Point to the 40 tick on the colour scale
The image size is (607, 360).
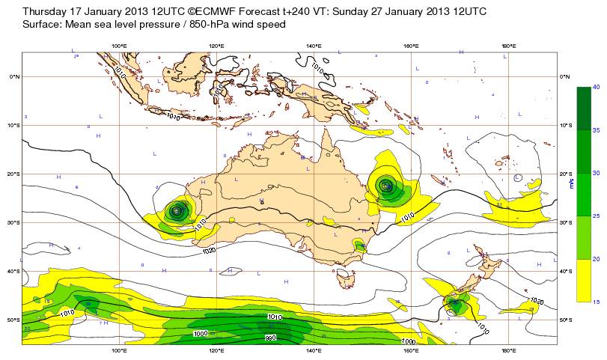597,88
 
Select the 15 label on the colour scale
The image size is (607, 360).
597,302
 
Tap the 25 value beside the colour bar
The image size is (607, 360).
597,216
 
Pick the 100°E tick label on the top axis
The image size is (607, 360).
118,47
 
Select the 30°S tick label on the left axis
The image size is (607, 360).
13,222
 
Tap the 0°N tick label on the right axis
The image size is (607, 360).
566,76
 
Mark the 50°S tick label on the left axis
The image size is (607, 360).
13,320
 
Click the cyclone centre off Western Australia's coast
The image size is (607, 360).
177,211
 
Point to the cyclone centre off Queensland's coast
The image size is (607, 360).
385,186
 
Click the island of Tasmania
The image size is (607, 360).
345,280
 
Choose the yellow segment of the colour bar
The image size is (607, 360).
583,280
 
